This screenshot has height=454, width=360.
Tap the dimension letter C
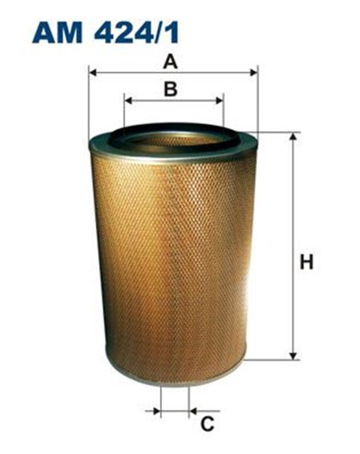[x=207, y=423]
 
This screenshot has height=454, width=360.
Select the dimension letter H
[x=307, y=262]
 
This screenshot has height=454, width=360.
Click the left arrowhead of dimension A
[x=92, y=72]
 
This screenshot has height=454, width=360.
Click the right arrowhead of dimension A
[x=254, y=72]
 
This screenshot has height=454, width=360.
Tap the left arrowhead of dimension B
[x=128, y=101]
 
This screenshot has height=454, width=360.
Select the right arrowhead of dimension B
[x=219, y=101]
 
